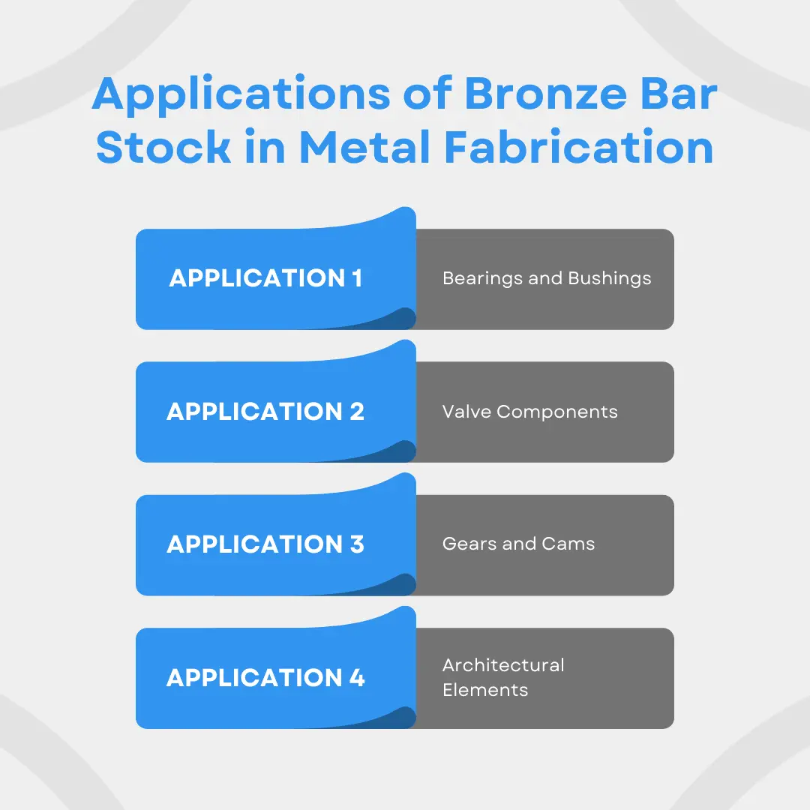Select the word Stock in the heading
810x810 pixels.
pos(163,148)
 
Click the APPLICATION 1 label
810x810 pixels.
pos(265,278)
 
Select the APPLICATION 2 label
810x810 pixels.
pos(265,412)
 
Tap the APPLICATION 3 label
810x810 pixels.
pos(265,544)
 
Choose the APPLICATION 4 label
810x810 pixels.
pos(265,678)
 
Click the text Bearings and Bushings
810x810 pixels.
pos(547,279)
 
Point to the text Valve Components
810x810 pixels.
pos(529,412)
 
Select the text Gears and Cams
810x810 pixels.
pos(518,544)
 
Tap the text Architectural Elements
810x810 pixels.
pos(503,677)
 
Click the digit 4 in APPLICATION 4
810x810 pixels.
pos(357,678)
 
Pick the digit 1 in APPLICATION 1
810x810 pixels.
pos(357,278)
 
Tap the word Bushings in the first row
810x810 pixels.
pos(609,279)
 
